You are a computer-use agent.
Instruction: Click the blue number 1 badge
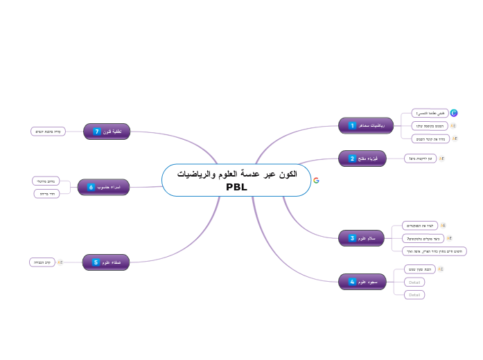pyautogui.click(x=353, y=125)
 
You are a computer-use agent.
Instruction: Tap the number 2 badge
pyautogui.click(x=353, y=159)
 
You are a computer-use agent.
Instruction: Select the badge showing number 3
pyautogui.click(x=353, y=238)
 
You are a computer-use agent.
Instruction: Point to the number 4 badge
pyautogui.click(x=353, y=282)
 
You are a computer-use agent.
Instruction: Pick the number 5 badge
pyautogui.click(x=96, y=262)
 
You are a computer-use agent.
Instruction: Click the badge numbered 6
pyautogui.click(x=91, y=187)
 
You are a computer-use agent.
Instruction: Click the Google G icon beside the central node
pyautogui.click(x=316, y=180)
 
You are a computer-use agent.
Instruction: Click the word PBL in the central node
pyautogui.click(x=236, y=187)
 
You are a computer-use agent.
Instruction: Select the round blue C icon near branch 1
pyautogui.click(x=454, y=113)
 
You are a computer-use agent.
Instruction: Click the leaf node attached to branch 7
pyautogui.click(x=49, y=131)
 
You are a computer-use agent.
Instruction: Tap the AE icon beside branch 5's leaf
pyautogui.click(x=60, y=262)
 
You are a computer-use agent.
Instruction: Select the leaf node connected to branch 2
pyautogui.click(x=421, y=159)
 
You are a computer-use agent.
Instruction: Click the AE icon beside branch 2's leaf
pyautogui.click(x=441, y=159)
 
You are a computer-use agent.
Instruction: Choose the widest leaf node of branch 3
pyautogui.click(x=434, y=251)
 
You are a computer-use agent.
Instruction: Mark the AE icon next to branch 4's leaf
pyautogui.click(x=441, y=269)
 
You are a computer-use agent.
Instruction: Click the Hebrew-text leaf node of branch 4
pyautogui.click(x=419, y=269)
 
